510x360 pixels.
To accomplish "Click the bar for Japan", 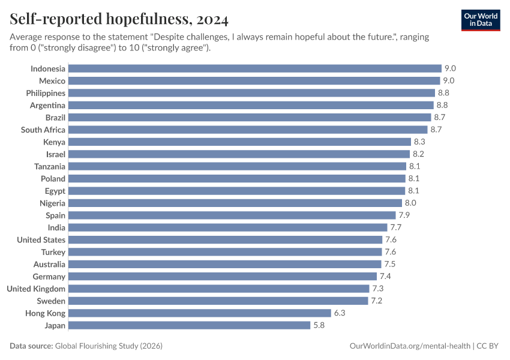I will [189, 325].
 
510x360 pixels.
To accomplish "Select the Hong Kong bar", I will [200, 313].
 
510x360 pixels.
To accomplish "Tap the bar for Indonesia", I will [255, 68].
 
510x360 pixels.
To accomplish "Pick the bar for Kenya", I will [240, 142].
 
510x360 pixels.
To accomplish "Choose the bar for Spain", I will [232, 215].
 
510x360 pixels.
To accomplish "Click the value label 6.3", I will [340, 313].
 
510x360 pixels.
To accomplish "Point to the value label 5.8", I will [319, 325].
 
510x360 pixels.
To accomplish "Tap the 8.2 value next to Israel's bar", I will [418, 154].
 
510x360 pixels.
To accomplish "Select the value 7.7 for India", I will [396, 227].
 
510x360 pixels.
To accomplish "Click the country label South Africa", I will [43, 130].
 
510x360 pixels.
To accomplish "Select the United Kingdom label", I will [36, 289].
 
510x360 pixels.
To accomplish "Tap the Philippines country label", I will [46, 93].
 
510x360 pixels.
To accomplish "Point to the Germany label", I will [49, 277].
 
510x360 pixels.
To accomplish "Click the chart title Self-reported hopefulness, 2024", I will [119, 20].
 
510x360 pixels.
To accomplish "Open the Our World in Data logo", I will [480, 19].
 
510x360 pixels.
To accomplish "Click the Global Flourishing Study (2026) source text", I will [109, 346].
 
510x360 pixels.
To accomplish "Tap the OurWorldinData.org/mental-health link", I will [409, 346].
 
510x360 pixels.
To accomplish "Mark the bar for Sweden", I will [218, 301].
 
